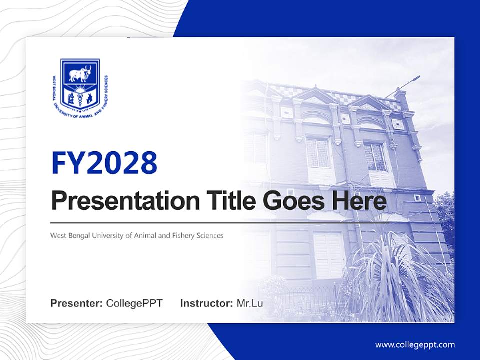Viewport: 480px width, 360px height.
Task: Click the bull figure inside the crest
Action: click(x=80, y=74)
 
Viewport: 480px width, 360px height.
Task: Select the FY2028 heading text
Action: click(x=104, y=163)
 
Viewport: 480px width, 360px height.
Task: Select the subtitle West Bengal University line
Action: click(x=137, y=235)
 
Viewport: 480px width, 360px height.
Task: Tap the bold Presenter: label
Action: click(x=77, y=303)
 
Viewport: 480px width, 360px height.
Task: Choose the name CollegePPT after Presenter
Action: click(x=134, y=303)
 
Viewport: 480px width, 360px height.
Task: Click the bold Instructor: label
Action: click(x=206, y=303)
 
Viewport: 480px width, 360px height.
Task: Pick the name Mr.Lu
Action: click(x=250, y=303)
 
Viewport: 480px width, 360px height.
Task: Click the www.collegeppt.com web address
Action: click(x=415, y=345)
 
